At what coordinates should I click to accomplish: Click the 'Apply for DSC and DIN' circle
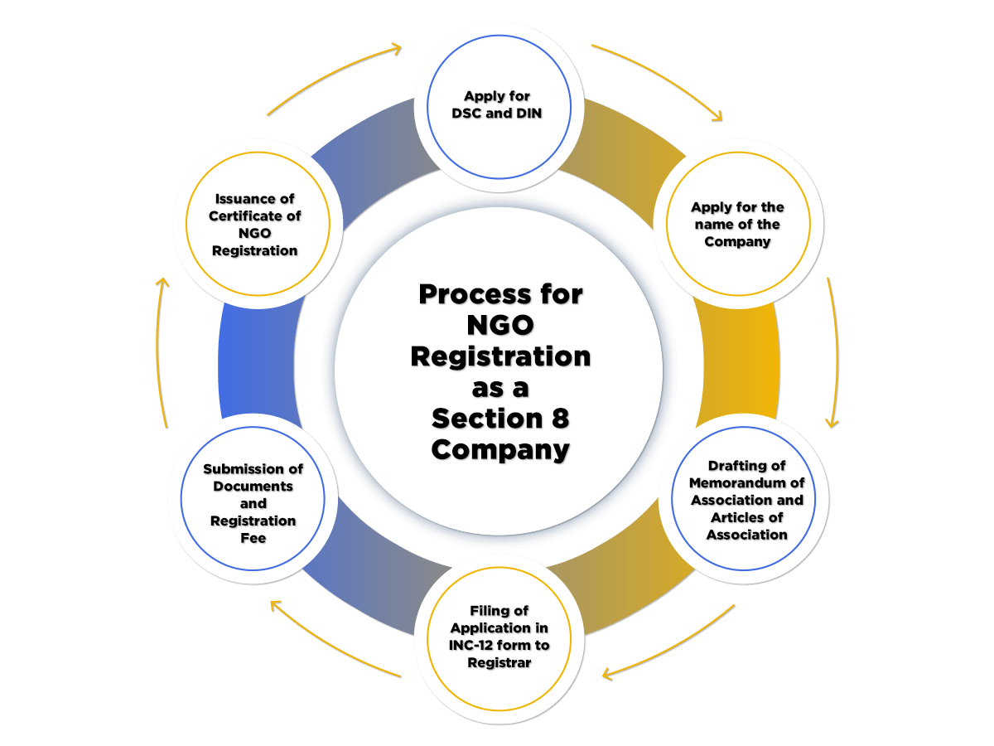[499, 106]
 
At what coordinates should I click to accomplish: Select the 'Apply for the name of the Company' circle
[737, 224]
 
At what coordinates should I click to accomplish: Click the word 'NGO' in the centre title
[500, 325]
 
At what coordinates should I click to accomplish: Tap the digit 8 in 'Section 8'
[561, 419]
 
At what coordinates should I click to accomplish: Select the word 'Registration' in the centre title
[500, 356]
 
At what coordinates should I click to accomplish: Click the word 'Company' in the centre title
[500, 450]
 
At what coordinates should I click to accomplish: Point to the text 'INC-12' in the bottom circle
[474, 646]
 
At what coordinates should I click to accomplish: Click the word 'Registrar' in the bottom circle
[499, 663]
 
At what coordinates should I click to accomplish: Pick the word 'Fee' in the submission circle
[253, 538]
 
